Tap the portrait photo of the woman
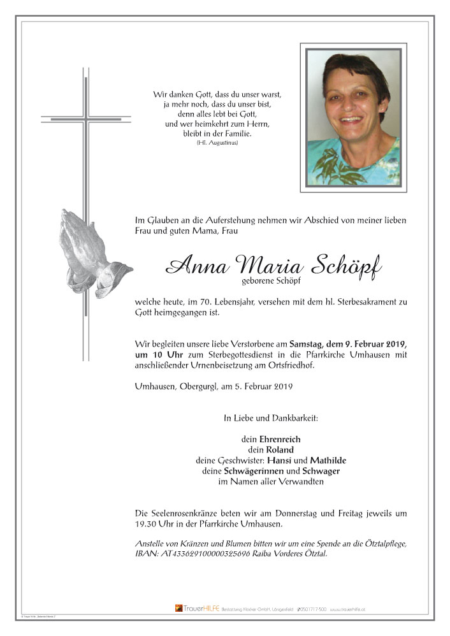pyautogui.click(x=353, y=117)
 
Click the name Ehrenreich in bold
pyautogui.click(x=280, y=439)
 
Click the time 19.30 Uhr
pyautogui.click(x=156, y=524)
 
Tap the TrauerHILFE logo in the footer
pyautogui.click(x=196, y=609)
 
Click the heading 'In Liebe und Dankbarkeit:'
pyautogui.click(x=270, y=418)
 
